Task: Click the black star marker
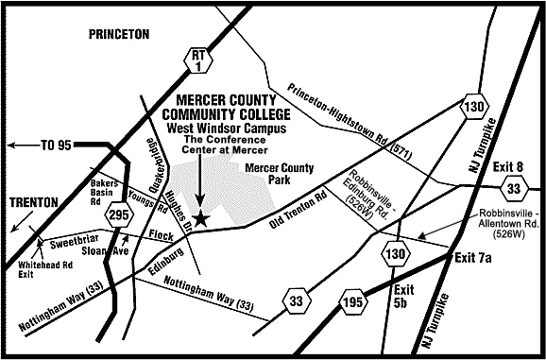pos(198,217)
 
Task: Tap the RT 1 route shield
pos(196,60)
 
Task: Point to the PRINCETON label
pos(118,34)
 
